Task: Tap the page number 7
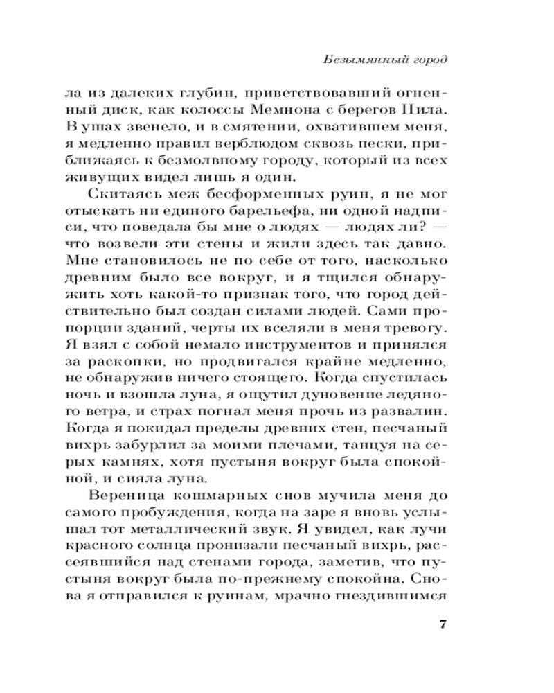443,623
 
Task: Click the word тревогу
418,326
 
